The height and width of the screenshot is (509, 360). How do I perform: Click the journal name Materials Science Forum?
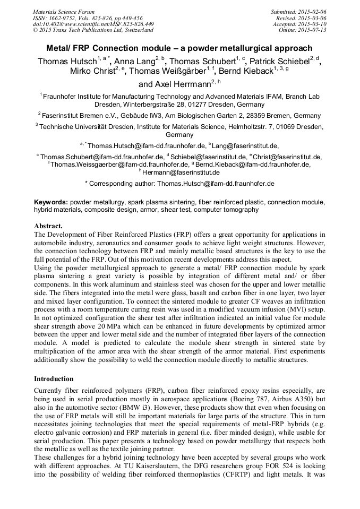[64, 11]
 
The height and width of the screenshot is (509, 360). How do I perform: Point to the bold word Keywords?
[51, 203]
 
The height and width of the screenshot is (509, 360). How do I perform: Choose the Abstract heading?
[48, 226]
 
